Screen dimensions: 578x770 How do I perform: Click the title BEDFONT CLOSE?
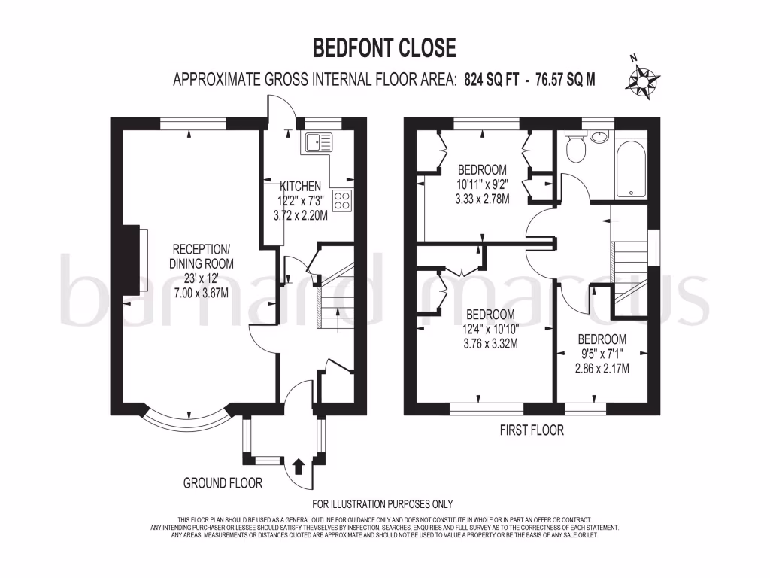tap(384, 48)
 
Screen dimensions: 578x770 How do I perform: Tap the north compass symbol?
tap(644, 78)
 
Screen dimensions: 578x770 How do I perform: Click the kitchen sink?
tap(317, 141)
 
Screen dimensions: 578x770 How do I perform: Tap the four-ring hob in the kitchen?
tap(342, 199)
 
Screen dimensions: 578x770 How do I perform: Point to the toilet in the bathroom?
tap(576, 148)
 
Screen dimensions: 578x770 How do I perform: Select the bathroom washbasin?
tap(600, 137)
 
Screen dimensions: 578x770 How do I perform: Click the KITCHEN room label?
tap(301, 186)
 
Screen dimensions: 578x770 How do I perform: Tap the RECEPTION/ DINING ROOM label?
tap(202, 257)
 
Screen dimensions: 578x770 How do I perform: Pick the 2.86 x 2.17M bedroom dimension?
tap(602, 369)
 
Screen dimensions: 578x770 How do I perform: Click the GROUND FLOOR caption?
tap(223, 483)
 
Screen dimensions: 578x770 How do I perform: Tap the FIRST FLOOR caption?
tap(531, 431)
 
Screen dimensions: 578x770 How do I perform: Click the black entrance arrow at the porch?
tap(297, 466)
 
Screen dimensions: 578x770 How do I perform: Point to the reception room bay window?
tap(184, 421)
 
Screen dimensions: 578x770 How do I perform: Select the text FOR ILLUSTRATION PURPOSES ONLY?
tap(383, 504)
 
